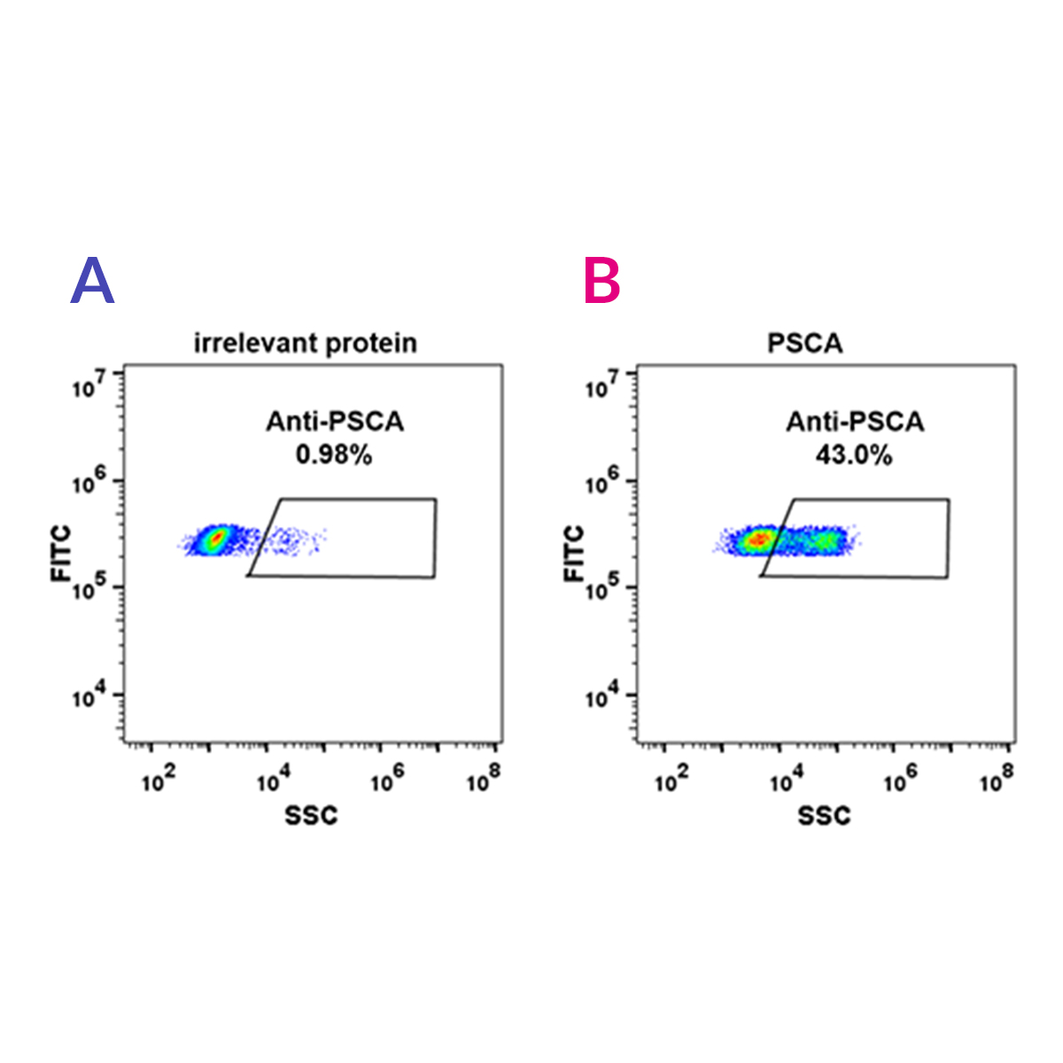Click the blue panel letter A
coord(92,281)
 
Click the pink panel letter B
coord(602,281)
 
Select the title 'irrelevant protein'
coord(306,343)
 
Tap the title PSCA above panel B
coord(804,343)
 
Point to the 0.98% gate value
coord(334,454)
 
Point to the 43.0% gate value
coord(854,454)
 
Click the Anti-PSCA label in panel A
coord(335,422)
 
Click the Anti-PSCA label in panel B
coord(855,422)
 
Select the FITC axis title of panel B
coord(575,554)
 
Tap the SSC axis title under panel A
coord(311,816)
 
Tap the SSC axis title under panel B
coord(824,816)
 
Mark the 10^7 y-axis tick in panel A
coord(91,384)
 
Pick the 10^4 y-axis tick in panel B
coord(603,697)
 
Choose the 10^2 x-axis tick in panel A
coord(159,780)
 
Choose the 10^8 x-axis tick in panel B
coord(997,780)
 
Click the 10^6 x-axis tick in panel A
coord(387,780)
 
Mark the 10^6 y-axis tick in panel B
coord(603,484)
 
